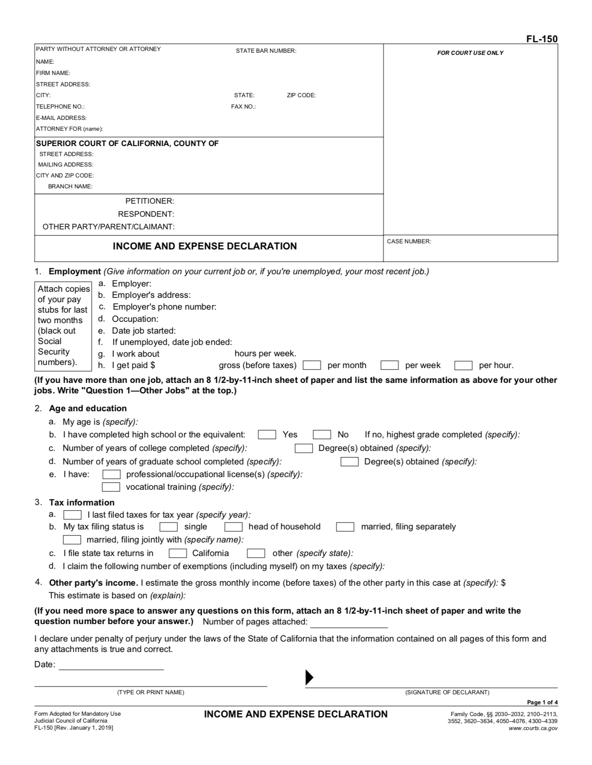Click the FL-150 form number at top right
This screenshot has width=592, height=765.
(x=541, y=39)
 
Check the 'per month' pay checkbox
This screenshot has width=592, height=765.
(x=312, y=365)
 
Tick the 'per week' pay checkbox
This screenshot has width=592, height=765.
(x=389, y=365)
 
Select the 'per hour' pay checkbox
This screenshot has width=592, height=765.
(x=463, y=365)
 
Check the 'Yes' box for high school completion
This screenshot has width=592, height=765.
(x=267, y=434)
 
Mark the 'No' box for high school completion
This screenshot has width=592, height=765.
(x=322, y=434)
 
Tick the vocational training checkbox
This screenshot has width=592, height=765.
(x=111, y=487)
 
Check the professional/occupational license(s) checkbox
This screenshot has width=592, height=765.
(x=111, y=474)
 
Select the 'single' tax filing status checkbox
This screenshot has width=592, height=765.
(x=169, y=527)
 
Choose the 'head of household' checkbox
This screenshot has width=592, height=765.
(x=233, y=527)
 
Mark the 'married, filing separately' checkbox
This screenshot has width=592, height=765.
(x=345, y=527)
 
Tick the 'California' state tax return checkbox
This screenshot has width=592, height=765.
(x=178, y=553)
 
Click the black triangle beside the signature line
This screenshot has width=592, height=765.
(x=309, y=677)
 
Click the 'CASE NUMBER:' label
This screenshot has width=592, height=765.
(x=409, y=241)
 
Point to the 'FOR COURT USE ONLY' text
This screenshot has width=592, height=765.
(x=470, y=53)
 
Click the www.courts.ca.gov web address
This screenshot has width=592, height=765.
(x=533, y=728)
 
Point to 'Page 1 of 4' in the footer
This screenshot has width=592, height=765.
(x=542, y=702)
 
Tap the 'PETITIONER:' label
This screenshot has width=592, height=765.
(x=150, y=201)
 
